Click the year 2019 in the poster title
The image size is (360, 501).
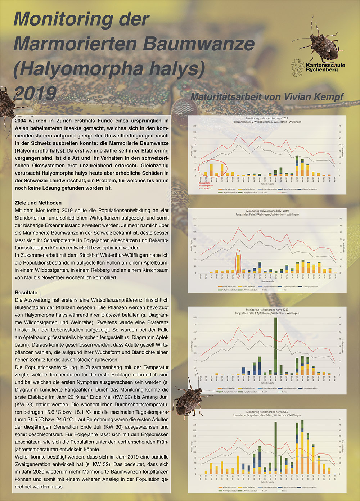pos(35,93)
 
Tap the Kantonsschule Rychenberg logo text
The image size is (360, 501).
pos(325,67)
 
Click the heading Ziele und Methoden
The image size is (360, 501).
pos(38,203)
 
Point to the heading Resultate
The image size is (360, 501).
pos(26,293)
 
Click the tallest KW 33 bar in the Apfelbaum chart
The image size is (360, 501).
pos(276,346)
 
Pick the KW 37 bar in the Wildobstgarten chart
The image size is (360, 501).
pos(297,166)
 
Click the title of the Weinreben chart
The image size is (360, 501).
pos(267,213)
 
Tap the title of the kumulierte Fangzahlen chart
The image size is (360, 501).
pos(267,414)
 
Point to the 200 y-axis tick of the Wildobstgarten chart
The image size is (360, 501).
pos(195,126)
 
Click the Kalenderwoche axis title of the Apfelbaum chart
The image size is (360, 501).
pos(267,383)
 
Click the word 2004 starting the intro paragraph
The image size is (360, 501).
pos(22,121)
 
